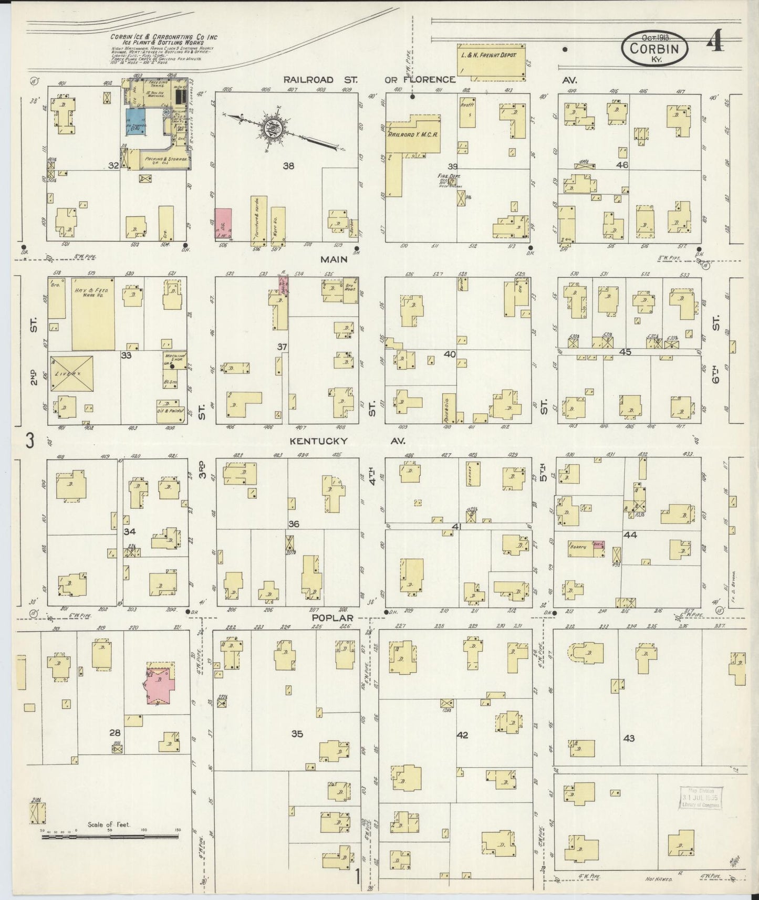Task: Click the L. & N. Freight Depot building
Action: click(491, 62)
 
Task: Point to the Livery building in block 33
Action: click(72, 373)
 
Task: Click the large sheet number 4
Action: click(715, 40)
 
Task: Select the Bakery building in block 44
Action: click(585, 548)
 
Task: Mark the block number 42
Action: click(462, 735)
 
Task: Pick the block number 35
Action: click(297, 734)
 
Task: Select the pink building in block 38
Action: click(224, 223)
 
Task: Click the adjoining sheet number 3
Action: click(30, 441)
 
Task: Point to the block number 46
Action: click(622, 165)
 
